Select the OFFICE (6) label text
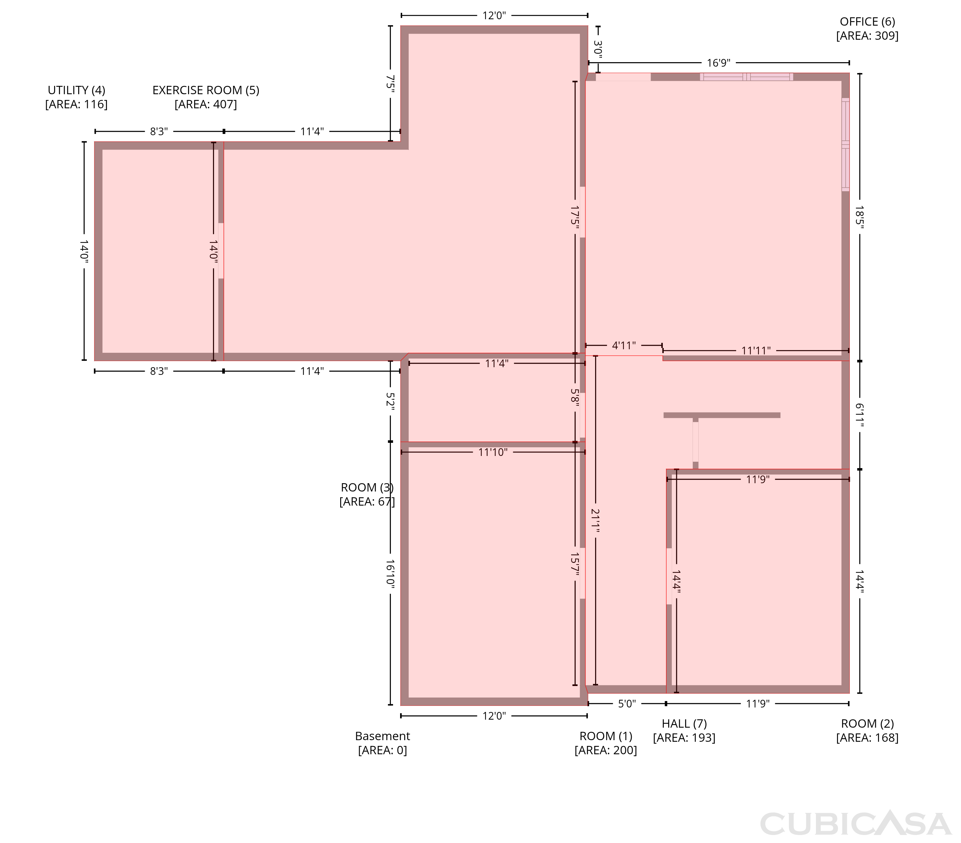click(867, 21)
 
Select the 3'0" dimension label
click(598, 49)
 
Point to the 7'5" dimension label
click(390, 83)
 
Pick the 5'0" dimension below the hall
click(627, 704)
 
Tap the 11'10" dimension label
click(493, 452)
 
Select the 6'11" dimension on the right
click(859, 415)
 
